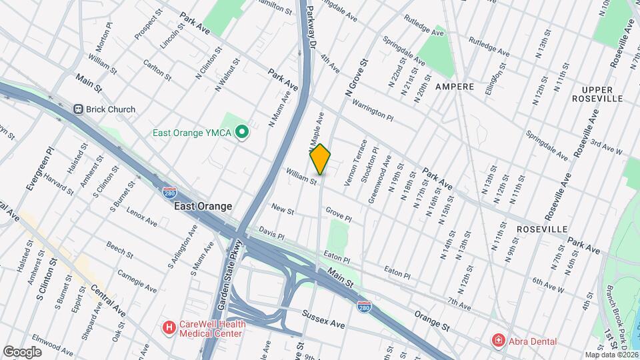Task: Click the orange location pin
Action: (x=320, y=159)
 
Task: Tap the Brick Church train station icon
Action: (x=78, y=109)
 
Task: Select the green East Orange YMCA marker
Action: (x=243, y=133)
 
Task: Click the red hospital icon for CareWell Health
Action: (x=169, y=328)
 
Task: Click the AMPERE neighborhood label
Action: (x=455, y=87)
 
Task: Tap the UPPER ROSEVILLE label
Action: (x=601, y=94)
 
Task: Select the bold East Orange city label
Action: (x=203, y=207)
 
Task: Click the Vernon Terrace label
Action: (x=355, y=163)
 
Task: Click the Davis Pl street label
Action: (x=271, y=236)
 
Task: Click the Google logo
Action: (x=22, y=351)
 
